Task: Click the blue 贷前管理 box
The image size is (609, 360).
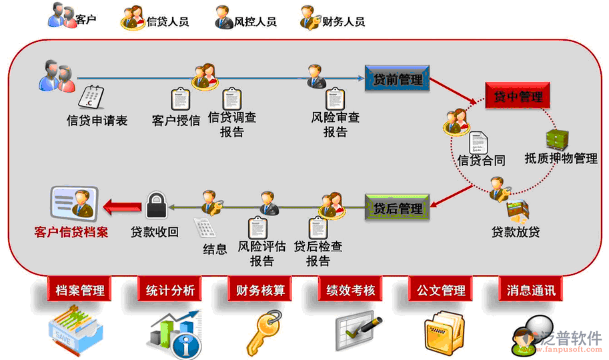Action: (397, 79)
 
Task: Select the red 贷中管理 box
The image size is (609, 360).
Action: (518, 97)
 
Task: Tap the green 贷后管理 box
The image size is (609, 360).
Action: (396, 208)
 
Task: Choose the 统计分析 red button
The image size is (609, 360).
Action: (170, 290)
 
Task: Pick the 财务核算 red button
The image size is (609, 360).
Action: (260, 290)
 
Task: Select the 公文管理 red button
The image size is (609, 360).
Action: (441, 290)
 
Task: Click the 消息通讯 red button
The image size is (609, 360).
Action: (530, 290)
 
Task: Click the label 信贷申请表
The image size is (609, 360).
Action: (97, 121)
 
